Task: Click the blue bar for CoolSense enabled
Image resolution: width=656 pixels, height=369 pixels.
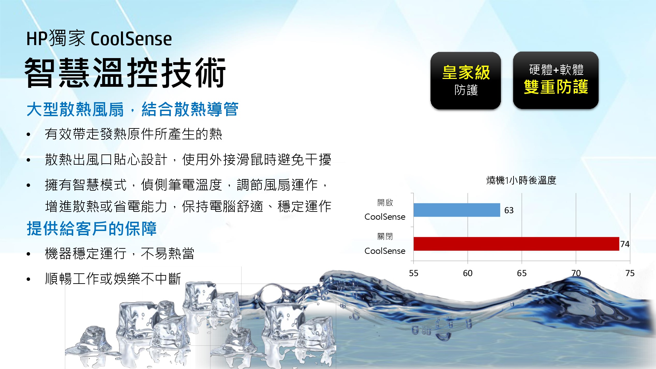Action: coord(457,210)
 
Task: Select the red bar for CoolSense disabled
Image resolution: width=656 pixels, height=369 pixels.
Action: coord(516,244)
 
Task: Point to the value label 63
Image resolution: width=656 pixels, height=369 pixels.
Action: coord(509,210)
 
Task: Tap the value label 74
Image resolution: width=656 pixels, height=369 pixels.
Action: coord(625,244)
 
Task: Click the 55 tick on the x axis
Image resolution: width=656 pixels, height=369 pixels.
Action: coord(413,273)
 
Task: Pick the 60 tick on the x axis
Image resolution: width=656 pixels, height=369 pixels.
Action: coord(468,273)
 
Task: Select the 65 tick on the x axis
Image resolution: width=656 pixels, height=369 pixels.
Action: coord(522,273)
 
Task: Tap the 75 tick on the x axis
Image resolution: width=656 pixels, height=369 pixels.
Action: coord(630,273)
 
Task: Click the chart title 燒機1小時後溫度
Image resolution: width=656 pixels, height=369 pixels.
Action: coord(521,180)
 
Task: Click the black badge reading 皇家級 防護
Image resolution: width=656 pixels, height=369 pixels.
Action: coord(466,81)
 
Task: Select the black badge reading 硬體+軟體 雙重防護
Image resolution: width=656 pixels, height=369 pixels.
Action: coord(556,80)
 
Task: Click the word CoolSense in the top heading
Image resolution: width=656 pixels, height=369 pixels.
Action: coord(131,39)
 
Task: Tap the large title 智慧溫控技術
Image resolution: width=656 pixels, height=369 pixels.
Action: coord(125,72)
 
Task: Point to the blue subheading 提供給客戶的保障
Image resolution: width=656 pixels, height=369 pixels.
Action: coord(92,229)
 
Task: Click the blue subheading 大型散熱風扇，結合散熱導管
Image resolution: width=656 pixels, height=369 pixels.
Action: coord(133,109)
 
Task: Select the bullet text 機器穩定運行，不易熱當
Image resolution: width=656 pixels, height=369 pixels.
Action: coord(120,254)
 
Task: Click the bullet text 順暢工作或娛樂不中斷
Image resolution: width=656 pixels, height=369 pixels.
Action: coord(113,279)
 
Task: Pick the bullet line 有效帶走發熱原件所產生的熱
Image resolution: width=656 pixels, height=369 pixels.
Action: coord(134,134)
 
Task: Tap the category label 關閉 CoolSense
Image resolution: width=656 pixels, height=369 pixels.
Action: coord(385,244)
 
